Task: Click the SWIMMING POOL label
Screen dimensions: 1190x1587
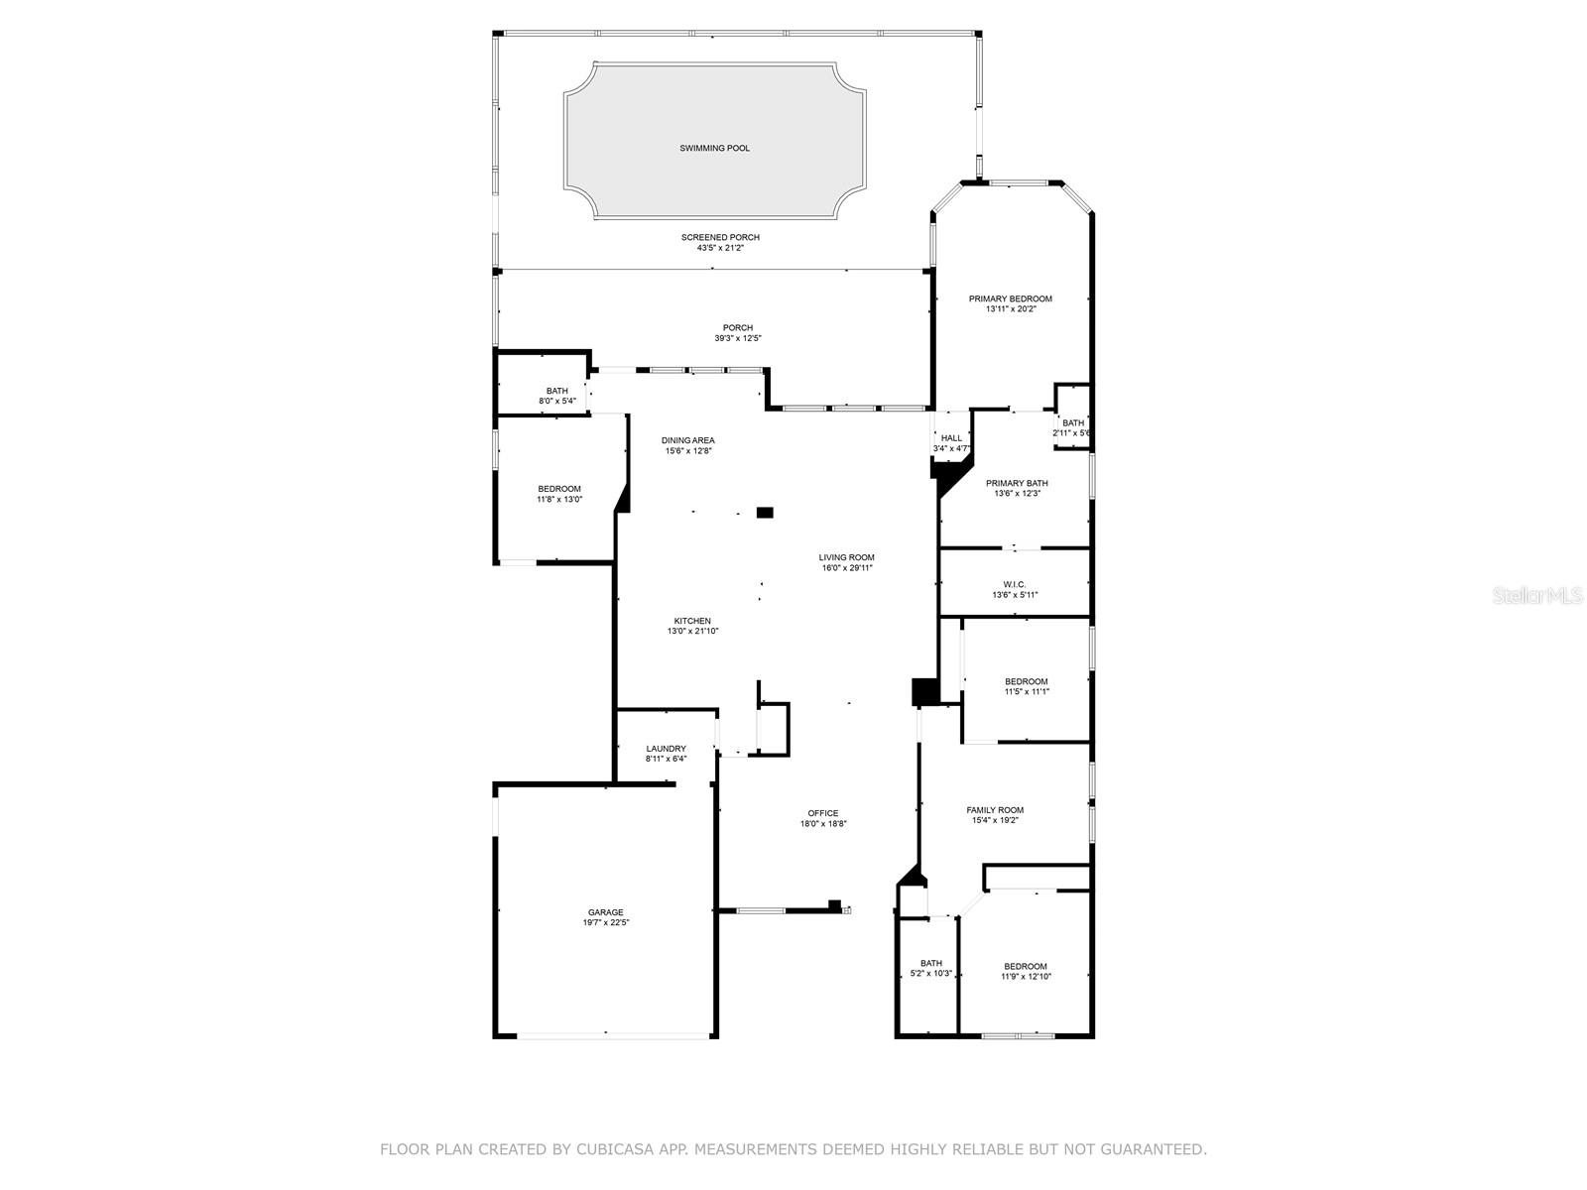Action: pos(714,148)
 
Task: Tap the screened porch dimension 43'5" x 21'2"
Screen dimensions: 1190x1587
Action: pos(720,248)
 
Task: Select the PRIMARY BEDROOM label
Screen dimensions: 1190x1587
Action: pos(1010,298)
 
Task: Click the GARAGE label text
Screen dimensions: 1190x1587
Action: pos(605,912)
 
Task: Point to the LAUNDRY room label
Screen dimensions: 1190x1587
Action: pos(666,749)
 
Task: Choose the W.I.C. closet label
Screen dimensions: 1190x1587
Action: pos(1014,584)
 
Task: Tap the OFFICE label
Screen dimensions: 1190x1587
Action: pos(822,813)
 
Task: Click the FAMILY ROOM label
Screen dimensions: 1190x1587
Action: pos(995,810)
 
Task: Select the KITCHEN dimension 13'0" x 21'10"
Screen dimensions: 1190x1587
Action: pos(692,631)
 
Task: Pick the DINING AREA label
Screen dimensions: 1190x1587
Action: pos(687,440)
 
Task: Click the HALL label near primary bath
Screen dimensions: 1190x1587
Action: pos(951,438)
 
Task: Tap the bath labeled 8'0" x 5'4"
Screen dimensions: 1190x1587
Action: pos(556,396)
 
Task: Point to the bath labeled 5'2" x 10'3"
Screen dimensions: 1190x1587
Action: pos(930,968)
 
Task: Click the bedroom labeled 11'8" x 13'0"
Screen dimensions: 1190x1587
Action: pos(559,494)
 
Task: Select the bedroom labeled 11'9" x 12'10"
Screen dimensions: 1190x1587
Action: pos(1025,971)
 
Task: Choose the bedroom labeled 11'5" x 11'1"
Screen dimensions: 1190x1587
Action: pos(1026,686)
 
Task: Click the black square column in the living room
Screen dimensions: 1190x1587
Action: pos(765,513)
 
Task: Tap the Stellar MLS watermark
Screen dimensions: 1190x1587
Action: pos(1539,596)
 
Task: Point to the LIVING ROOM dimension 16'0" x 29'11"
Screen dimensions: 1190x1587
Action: pos(846,568)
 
